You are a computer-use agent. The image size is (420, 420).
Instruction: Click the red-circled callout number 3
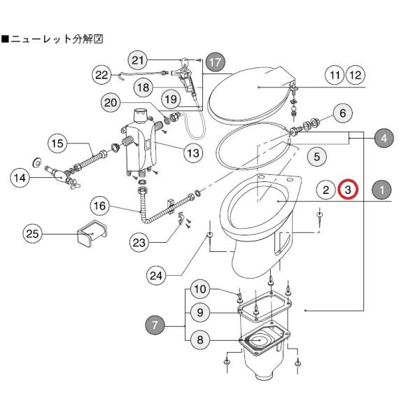tap(348, 190)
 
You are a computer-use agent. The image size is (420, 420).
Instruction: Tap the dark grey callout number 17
tap(216, 62)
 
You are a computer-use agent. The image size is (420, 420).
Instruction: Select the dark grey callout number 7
tap(155, 325)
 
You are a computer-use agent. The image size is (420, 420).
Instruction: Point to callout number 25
tap(32, 234)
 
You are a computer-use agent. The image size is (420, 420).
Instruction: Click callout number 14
tap(20, 178)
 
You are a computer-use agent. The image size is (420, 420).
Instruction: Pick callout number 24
tap(156, 275)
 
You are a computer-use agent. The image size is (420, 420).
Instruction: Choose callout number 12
tap(356, 76)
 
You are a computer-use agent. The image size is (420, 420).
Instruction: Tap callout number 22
tap(101, 74)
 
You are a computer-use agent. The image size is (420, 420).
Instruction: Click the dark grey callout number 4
tap(384, 138)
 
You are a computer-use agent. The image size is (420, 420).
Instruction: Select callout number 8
tap(200, 340)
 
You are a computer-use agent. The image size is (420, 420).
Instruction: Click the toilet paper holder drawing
tap(92, 233)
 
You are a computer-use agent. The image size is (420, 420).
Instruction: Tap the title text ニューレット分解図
tap(52, 39)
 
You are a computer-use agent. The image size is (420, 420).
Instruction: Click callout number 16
tap(99, 206)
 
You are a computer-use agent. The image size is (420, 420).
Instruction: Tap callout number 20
tap(111, 103)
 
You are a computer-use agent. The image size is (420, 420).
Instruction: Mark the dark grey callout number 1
tap(381, 190)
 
